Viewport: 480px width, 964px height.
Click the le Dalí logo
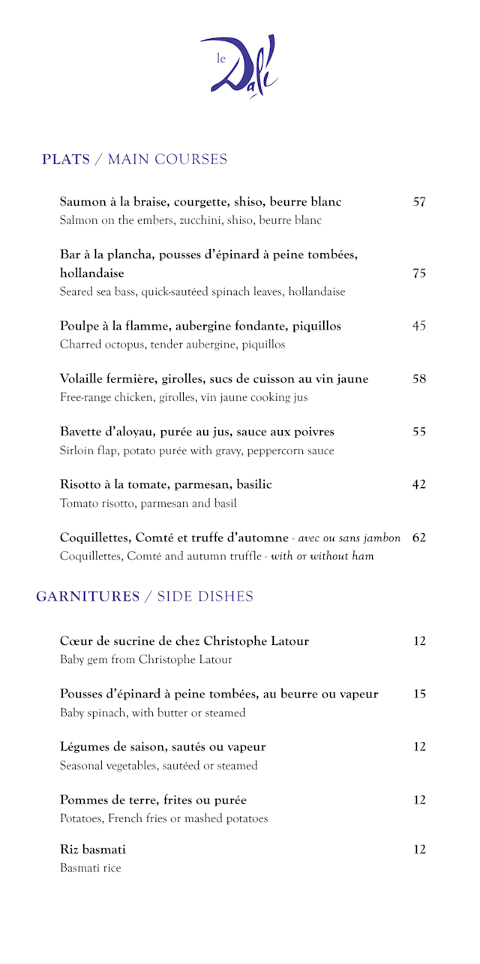click(x=239, y=66)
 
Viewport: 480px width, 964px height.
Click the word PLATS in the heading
click(x=66, y=159)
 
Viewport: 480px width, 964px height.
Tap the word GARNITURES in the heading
click(x=88, y=597)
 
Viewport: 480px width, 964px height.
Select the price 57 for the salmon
click(x=419, y=202)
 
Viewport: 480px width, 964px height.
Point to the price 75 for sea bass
click(x=419, y=273)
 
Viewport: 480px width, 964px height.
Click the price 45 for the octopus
click(x=419, y=326)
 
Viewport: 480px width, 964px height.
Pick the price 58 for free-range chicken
click(x=419, y=379)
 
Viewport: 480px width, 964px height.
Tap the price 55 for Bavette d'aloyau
click(x=419, y=432)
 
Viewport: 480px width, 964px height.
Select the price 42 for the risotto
click(x=419, y=484)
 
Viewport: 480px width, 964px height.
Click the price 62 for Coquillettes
click(x=419, y=538)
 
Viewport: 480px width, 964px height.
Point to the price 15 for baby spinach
click(x=419, y=694)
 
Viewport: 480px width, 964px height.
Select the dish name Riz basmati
click(x=93, y=850)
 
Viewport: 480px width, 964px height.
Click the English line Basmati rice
click(x=90, y=869)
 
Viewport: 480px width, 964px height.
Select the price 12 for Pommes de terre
click(x=419, y=800)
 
